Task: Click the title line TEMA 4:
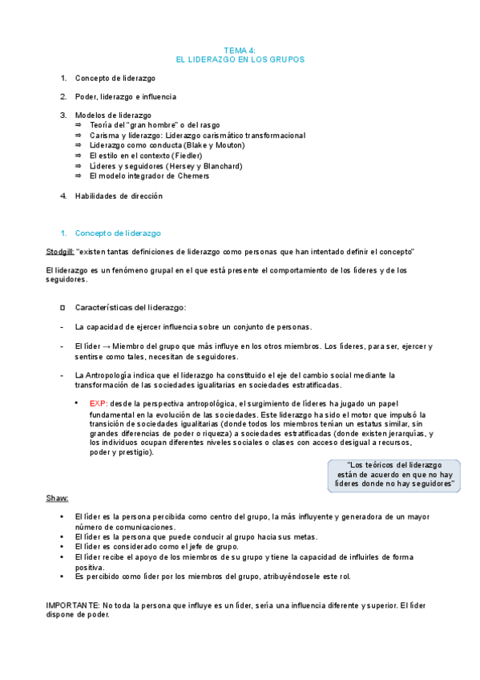[x=240, y=50]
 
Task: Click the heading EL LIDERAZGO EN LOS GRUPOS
[x=240, y=59]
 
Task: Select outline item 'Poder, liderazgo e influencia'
[x=125, y=96]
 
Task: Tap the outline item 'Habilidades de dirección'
[x=119, y=196]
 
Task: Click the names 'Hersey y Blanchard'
[x=203, y=166]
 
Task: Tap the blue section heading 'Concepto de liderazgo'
[x=118, y=233]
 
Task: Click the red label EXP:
[x=99, y=403]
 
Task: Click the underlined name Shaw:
[x=57, y=499]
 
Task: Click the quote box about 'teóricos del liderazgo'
[x=393, y=476]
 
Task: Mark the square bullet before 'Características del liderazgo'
[x=63, y=308]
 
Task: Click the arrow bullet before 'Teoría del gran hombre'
[x=78, y=126]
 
